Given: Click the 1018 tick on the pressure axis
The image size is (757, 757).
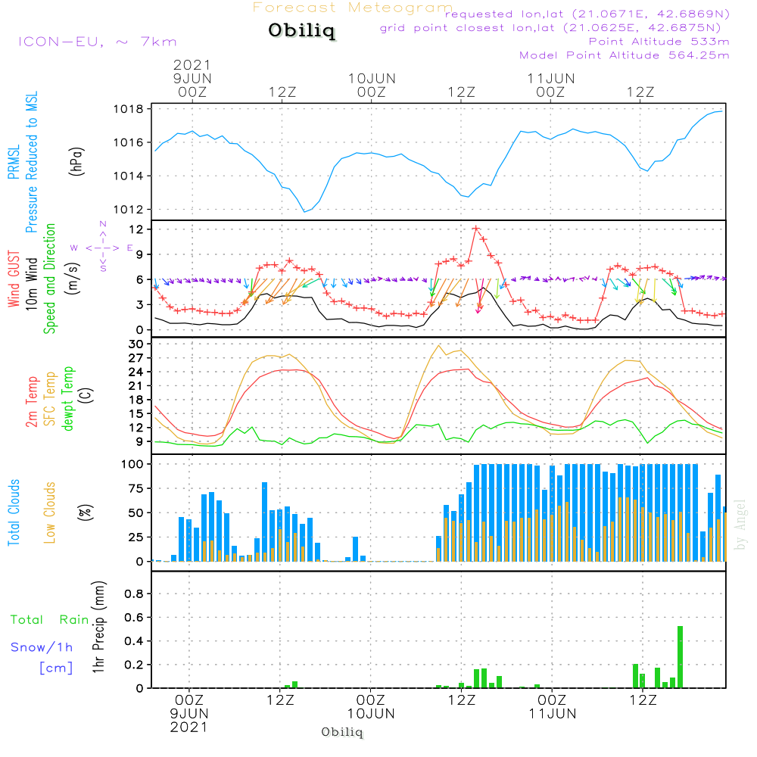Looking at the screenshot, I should pyautogui.click(x=132, y=109).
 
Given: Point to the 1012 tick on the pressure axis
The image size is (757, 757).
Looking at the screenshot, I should pyautogui.click(x=132, y=210).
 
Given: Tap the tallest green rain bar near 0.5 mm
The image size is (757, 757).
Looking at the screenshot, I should pyautogui.click(x=680, y=656).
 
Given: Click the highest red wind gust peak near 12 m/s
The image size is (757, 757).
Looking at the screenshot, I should pyautogui.click(x=476, y=228).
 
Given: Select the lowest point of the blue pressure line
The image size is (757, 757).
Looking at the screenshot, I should pyautogui.click(x=305, y=211).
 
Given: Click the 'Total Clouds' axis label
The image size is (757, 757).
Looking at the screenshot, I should pyautogui.click(x=14, y=512).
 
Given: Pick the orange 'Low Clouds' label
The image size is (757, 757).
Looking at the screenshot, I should pyautogui.click(x=50, y=512).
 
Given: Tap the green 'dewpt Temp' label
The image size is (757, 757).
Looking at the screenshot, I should pyautogui.click(x=67, y=399).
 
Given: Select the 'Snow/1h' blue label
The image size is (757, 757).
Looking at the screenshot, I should pyautogui.click(x=42, y=647).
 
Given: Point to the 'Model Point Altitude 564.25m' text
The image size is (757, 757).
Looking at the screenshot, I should pyautogui.click(x=624, y=55).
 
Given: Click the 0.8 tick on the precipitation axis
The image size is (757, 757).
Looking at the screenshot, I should pyautogui.click(x=133, y=594).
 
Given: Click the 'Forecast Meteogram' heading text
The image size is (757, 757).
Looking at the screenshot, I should pyautogui.click(x=352, y=8).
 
